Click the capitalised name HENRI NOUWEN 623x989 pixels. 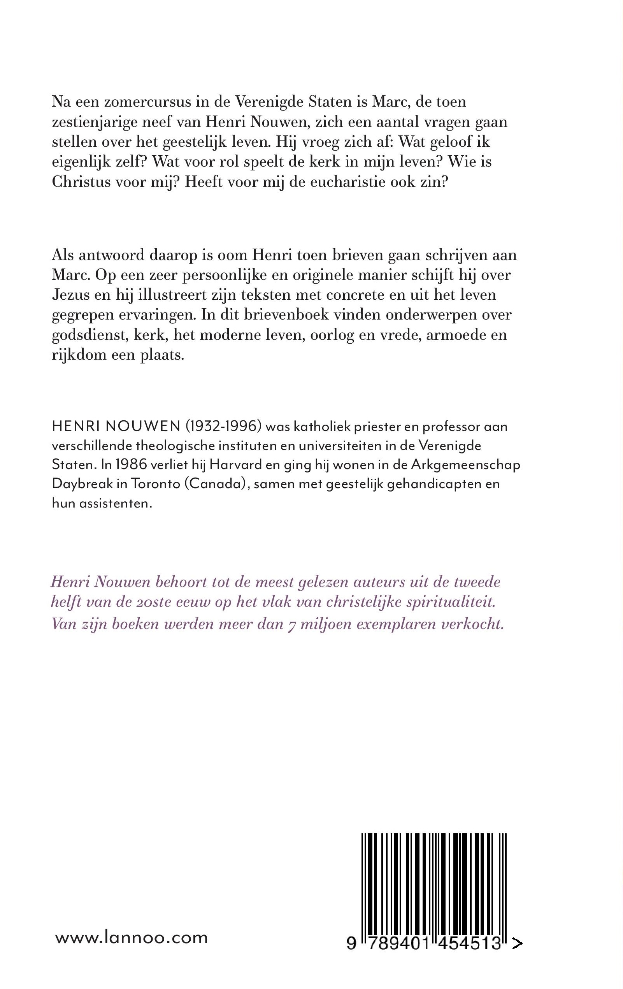(x=116, y=427)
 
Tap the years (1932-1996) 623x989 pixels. (x=223, y=427)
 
